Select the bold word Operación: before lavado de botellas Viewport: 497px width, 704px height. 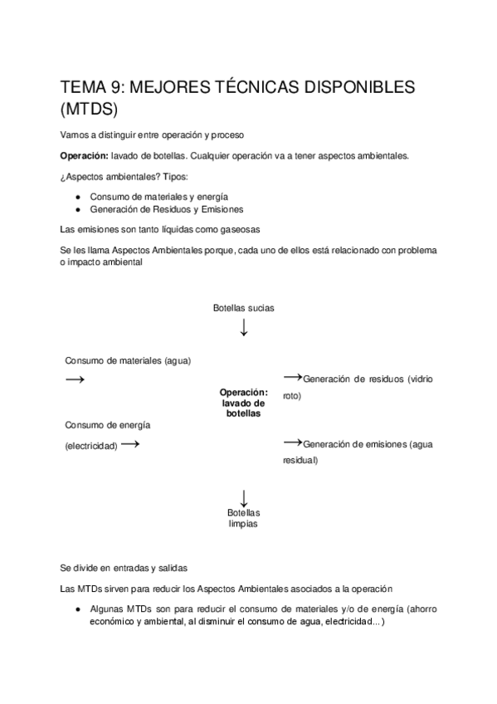[90, 155]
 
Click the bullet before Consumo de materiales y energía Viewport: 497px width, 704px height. [76, 196]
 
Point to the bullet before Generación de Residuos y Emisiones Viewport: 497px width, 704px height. [76, 209]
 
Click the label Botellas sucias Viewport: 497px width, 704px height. [243, 307]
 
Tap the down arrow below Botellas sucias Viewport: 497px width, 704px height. [243, 327]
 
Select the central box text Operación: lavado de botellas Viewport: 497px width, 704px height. [243, 402]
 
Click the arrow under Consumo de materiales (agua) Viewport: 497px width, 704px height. [75, 379]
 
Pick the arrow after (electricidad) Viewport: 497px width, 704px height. [129, 444]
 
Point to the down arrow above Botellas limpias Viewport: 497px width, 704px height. [243, 497]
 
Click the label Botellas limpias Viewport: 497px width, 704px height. [243, 518]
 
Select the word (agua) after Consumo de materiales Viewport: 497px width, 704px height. [183, 360]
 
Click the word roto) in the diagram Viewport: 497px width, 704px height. [292, 396]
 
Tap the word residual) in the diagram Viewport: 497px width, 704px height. [300, 461]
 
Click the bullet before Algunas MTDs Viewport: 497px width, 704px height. [76, 609]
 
